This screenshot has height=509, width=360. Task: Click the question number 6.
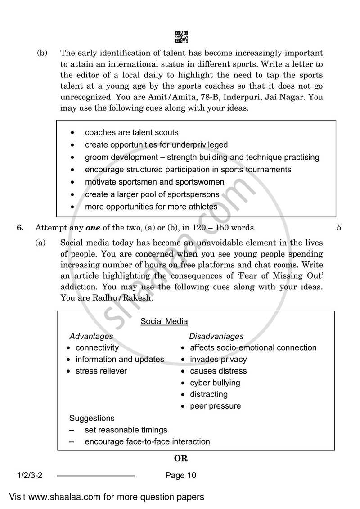pyautogui.click(x=20, y=228)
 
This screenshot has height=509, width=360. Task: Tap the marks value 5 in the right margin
pyautogui.click(x=339, y=228)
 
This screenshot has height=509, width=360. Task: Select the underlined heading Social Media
pyautogui.click(x=164, y=321)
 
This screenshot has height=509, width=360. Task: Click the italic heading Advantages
pyautogui.click(x=91, y=336)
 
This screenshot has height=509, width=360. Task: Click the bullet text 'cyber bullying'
pyautogui.click(x=215, y=383)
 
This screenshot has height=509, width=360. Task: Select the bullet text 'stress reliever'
pyautogui.click(x=101, y=371)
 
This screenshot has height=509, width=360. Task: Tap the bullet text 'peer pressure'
pyautogui.click(x=215, y=406)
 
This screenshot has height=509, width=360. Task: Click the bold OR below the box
pyautogui.click(x=180, y=459)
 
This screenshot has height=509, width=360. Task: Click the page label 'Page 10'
pyautogui.click(x=181, y=475)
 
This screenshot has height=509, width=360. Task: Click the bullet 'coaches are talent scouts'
pyautogui.click(x=131, y=132)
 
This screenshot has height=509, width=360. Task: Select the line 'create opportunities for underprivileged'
pyautogui.click(x=156, y=145)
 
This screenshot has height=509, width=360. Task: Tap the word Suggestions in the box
pyautogui.click(x=92, y=418)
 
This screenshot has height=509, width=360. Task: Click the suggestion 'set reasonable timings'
pyautogui.click(x=126, y=430)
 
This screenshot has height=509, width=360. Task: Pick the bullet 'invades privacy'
pyautogui.click(x=218, y=359)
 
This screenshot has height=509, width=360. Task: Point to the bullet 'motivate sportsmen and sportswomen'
pyautogui.click(x=154, y=182)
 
